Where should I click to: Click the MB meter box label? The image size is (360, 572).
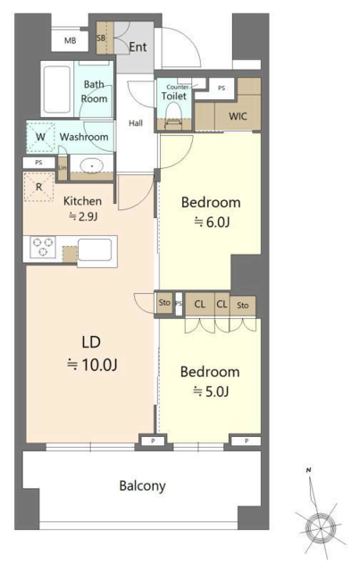point(70,40)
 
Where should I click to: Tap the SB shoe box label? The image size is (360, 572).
point(102,38)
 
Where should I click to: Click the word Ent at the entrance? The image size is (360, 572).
point(138,46)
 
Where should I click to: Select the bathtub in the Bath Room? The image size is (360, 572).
point(57,89)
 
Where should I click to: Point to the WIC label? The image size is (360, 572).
point(238,116)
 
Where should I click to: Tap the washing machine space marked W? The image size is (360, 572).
point(40,137)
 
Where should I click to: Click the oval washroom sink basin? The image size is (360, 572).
point(91,166)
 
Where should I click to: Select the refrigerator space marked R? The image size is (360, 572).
point(38,187)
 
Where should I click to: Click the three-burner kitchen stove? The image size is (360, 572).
point(43,247)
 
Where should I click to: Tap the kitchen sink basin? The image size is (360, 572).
point(95,250)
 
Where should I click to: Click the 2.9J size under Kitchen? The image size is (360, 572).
point(83,216)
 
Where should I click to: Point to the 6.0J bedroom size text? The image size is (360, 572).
point(212,222)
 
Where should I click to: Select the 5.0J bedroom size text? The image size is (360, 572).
point(211,391)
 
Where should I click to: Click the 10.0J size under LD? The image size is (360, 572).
point(92,365)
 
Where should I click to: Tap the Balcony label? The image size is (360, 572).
point(142,486)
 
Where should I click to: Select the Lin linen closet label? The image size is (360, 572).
point(63,168)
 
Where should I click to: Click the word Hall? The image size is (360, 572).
point(136,123)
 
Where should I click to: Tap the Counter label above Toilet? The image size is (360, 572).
point(178,88)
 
